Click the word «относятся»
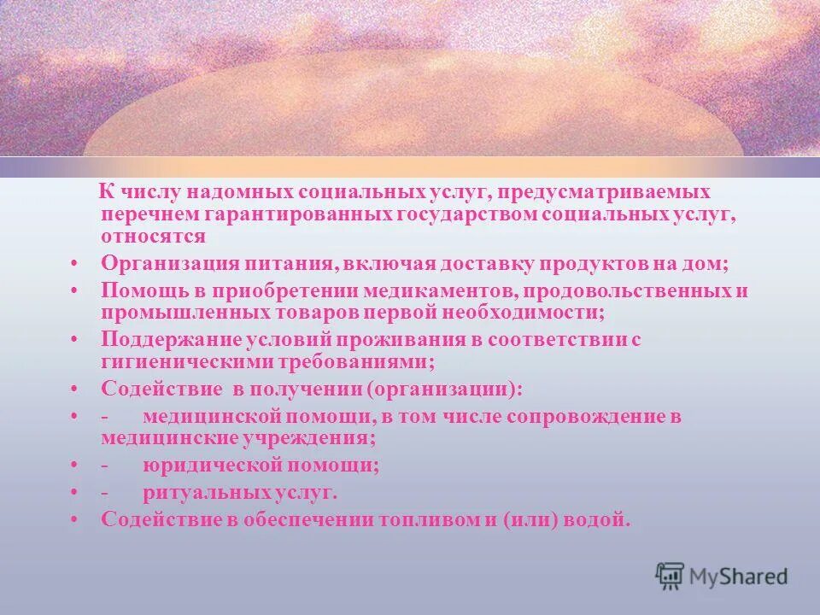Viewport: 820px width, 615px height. click(154, 235)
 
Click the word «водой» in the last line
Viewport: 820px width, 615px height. click(602, 519)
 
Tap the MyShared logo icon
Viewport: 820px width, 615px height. click(671, 575)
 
